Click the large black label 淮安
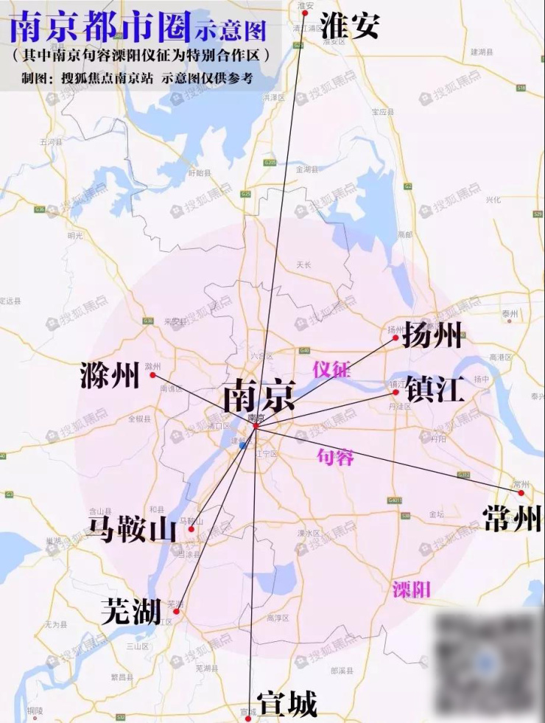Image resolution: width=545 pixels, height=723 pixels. [x=351, y=26]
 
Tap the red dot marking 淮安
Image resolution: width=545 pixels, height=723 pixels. [x=304, y=13]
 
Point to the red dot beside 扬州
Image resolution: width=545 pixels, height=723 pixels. [x=395, y=338]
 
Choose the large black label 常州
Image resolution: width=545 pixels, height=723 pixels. [x=513, y=519]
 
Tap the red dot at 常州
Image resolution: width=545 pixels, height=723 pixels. [x=521, y=492]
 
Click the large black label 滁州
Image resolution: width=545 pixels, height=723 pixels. [x=110, y=377]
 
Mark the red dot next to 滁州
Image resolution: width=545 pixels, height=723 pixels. [x=152, y=375]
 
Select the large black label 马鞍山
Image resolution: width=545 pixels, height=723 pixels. [x=133, y=529]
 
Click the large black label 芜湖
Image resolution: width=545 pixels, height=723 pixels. [x=130, y=612]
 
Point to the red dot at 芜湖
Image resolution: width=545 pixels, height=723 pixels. [x=176, y=611]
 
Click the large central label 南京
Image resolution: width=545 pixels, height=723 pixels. [x=258, y=396]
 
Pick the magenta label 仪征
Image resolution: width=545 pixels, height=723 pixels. [x=331, y=369]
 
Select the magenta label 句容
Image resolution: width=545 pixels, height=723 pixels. [x=335, y=457]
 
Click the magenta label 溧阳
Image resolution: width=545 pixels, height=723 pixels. [x=411, y=589]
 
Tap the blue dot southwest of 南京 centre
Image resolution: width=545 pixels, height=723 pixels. [x=242, y=445]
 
